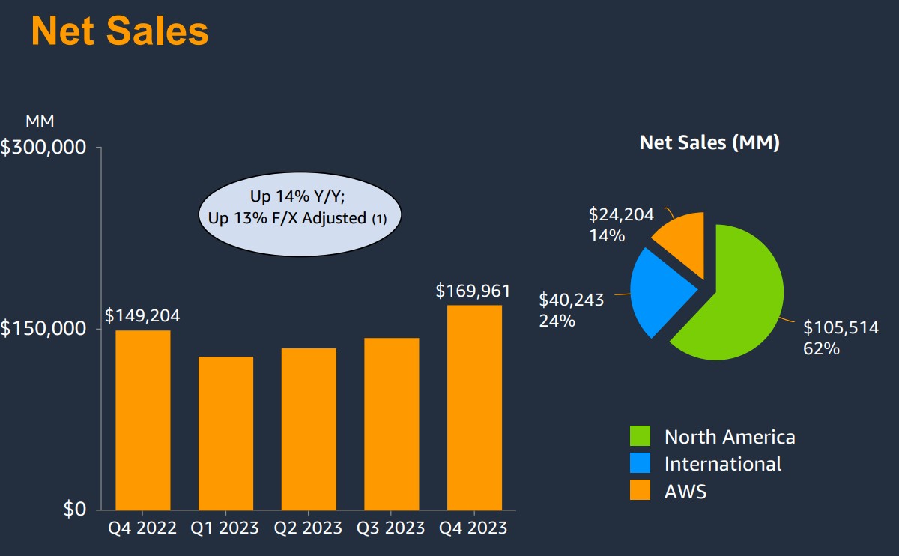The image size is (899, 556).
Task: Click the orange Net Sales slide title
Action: click(x=120, y=31)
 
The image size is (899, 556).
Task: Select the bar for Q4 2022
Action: click(x=142, y=420)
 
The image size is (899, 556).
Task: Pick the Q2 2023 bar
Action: click(x=309, y=429)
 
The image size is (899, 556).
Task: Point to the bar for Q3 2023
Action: click(x=391, y=423)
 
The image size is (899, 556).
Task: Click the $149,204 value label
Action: click(x=142, y=315)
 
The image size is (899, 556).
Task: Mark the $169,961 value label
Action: click(x=473, y=291)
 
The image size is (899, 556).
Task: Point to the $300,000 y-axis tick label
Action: click(x=43, y=147)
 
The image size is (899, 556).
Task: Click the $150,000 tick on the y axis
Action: click(x=43, y=328)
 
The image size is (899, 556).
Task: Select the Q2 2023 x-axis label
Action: click(x=309, y=528)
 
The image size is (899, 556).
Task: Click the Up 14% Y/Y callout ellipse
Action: click(x=300, y=208)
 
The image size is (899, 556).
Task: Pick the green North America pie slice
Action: click(x=738, y=300)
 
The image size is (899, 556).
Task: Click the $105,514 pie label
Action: click(x=841, y=327)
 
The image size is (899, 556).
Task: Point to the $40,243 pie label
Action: click(x=572, y=300)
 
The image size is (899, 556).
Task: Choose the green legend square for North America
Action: click(x=641, y=436)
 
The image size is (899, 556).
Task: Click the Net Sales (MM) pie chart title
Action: click(x=709, y=142)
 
